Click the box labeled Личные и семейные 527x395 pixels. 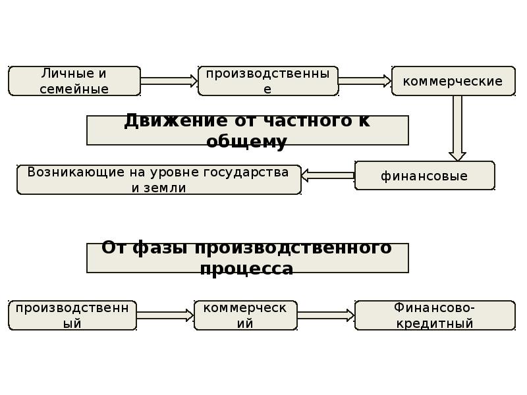74,81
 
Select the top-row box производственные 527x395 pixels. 268,81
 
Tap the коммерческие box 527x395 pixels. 453,81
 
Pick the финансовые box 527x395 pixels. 424,176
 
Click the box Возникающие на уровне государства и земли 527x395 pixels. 159,180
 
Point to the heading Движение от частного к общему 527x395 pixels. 248,130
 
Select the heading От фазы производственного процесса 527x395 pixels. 248,258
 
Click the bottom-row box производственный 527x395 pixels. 72,315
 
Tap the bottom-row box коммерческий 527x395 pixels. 245,315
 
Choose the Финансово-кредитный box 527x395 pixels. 435,315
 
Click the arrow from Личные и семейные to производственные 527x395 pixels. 169,81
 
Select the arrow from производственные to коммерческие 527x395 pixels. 365,81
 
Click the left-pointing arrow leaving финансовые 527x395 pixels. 328,175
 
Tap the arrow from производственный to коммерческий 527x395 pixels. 165,315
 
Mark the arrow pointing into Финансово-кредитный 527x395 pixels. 326,315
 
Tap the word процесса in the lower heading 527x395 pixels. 247,269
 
